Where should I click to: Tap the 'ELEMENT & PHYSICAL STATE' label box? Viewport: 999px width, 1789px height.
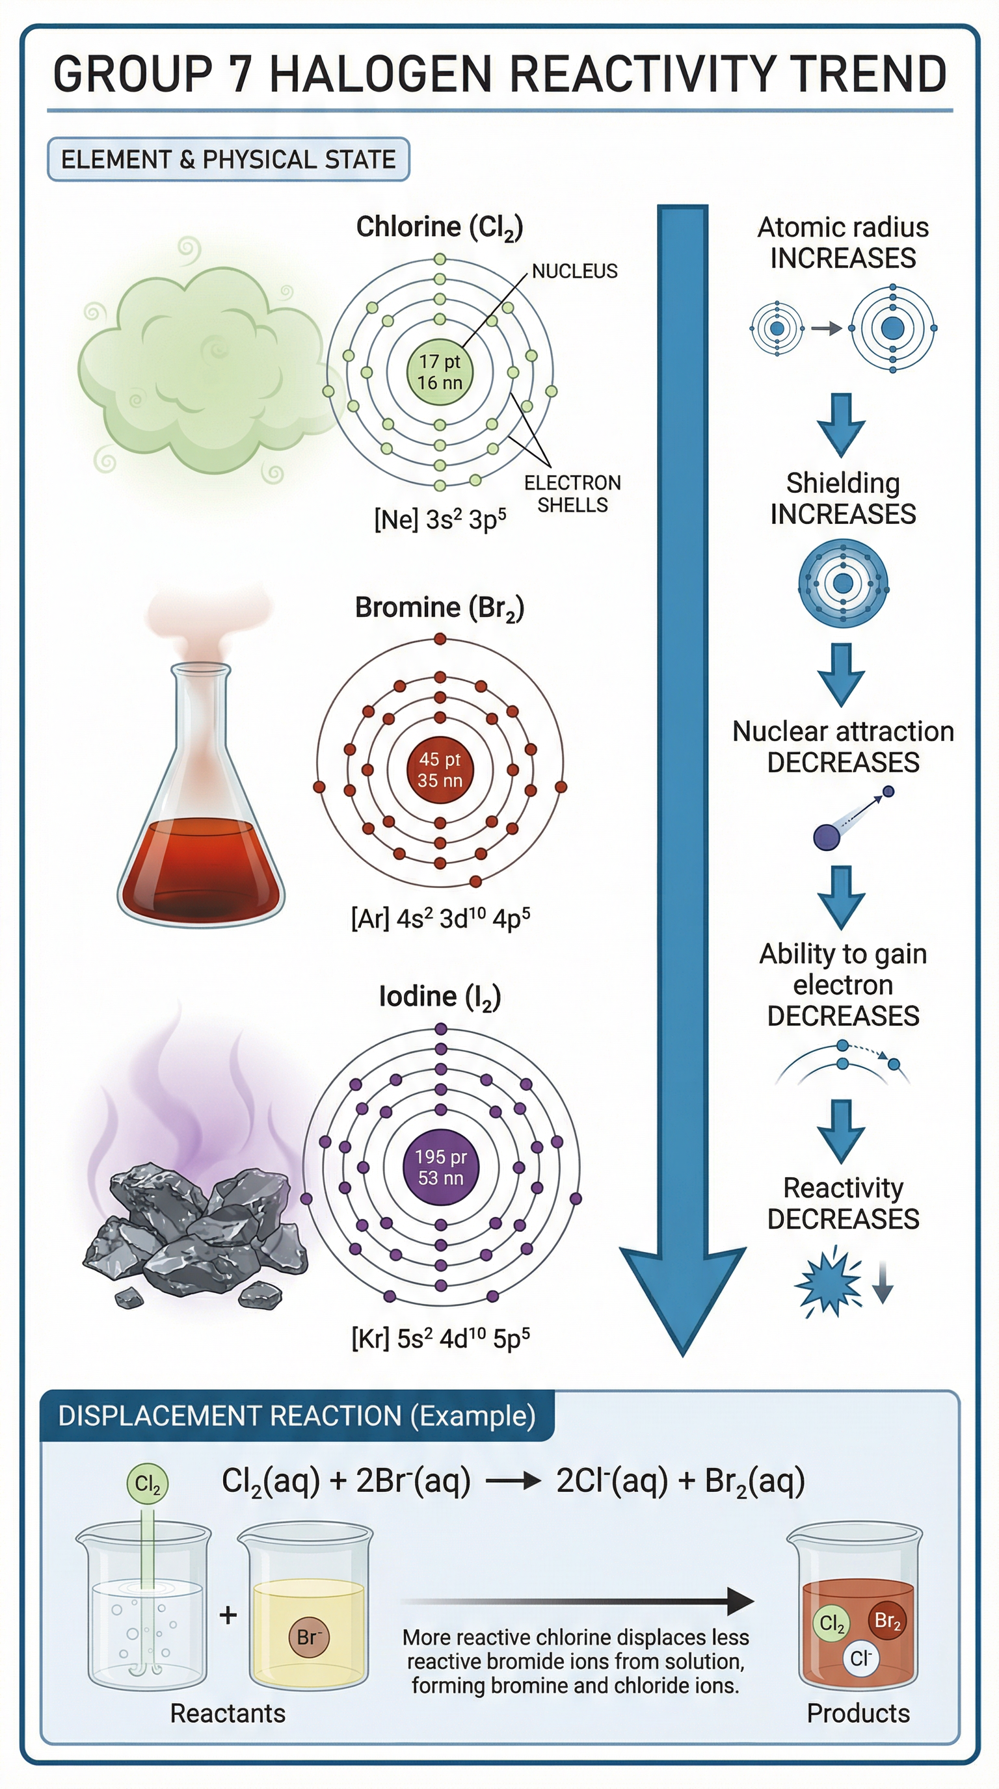[x=228, y=160]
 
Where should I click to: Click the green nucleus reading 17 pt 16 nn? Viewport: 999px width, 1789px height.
[x=439, y=372]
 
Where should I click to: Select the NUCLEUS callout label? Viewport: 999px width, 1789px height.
[x=574, y=271]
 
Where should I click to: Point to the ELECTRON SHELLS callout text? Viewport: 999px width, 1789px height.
[x=572, y=494]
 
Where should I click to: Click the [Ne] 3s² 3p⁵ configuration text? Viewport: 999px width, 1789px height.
[x=440, y=519]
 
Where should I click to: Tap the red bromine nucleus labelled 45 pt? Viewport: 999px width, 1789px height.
[x=439, y=770]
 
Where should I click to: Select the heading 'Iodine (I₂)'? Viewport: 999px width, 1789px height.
[x=439, y=997]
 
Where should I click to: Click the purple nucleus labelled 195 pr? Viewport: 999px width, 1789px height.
[x=440, y=1167]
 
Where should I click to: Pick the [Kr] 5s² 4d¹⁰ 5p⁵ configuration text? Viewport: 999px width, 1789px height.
[x=440, y=1338]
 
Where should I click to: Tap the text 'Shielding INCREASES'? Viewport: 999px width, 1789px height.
[x=843, y=499]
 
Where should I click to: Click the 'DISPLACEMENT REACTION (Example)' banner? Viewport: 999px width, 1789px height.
[x=297, y=1415]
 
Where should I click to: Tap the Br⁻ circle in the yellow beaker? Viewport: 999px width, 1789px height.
[x=308, y=1637]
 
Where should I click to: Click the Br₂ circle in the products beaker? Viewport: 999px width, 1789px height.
[x=887, y=1621]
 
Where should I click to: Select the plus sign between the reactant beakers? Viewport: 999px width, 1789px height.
[x=228, y=1616]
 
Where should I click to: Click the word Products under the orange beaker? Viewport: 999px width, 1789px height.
[x=858, y=1714]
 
